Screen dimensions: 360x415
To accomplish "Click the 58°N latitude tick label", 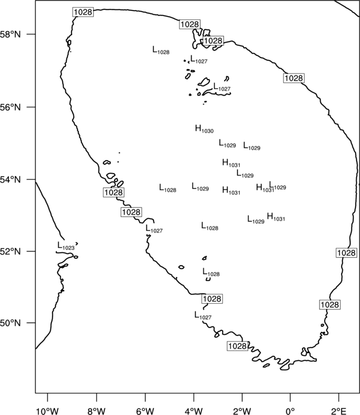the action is click(11, 34).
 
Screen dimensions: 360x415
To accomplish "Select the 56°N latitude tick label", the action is click(11, 107).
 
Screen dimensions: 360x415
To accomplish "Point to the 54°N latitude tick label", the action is click(11, 180).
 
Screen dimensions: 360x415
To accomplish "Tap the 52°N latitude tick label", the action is click(11, 251).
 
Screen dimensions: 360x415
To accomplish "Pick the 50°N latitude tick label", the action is click(11, 323).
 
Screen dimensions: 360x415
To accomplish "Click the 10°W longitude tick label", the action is click(47, 411).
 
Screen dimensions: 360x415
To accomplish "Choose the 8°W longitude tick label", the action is click(96, 411).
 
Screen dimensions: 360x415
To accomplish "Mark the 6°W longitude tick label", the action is click(145, 411).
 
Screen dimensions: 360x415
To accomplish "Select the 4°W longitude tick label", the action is click(194, 411).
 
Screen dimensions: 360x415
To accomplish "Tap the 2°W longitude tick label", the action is click(242, 411).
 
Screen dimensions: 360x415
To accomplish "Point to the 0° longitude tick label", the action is click(290, 411).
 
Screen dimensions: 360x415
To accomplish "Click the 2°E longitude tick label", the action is click(339, 411).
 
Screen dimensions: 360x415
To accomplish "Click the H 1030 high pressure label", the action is click(204, 129).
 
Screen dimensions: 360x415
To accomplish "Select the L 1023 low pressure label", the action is click(66, 246).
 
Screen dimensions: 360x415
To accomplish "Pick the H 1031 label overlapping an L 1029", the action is click(265, 188).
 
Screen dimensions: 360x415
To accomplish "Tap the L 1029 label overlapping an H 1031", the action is click(277, 185).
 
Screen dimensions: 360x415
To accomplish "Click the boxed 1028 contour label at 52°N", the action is click(346, 253).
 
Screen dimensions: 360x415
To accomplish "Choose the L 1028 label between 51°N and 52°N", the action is click(211, 272).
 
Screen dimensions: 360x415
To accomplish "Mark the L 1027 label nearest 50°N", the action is click(203, 315).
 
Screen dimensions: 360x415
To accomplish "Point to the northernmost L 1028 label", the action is click(161, 50).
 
